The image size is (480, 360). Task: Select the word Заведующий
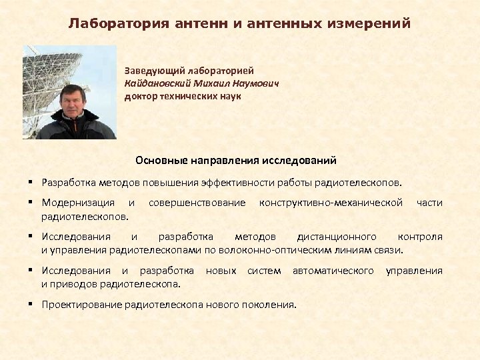(153, 70)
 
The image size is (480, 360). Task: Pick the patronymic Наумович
(253, 83)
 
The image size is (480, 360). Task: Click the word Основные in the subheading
(160, 161)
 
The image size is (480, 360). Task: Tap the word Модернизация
(78, 202)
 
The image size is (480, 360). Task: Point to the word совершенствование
(197, 202)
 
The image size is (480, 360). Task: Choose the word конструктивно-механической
(331, 202)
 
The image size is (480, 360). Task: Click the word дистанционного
(336, 237)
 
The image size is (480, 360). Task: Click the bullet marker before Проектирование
(31, 305)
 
